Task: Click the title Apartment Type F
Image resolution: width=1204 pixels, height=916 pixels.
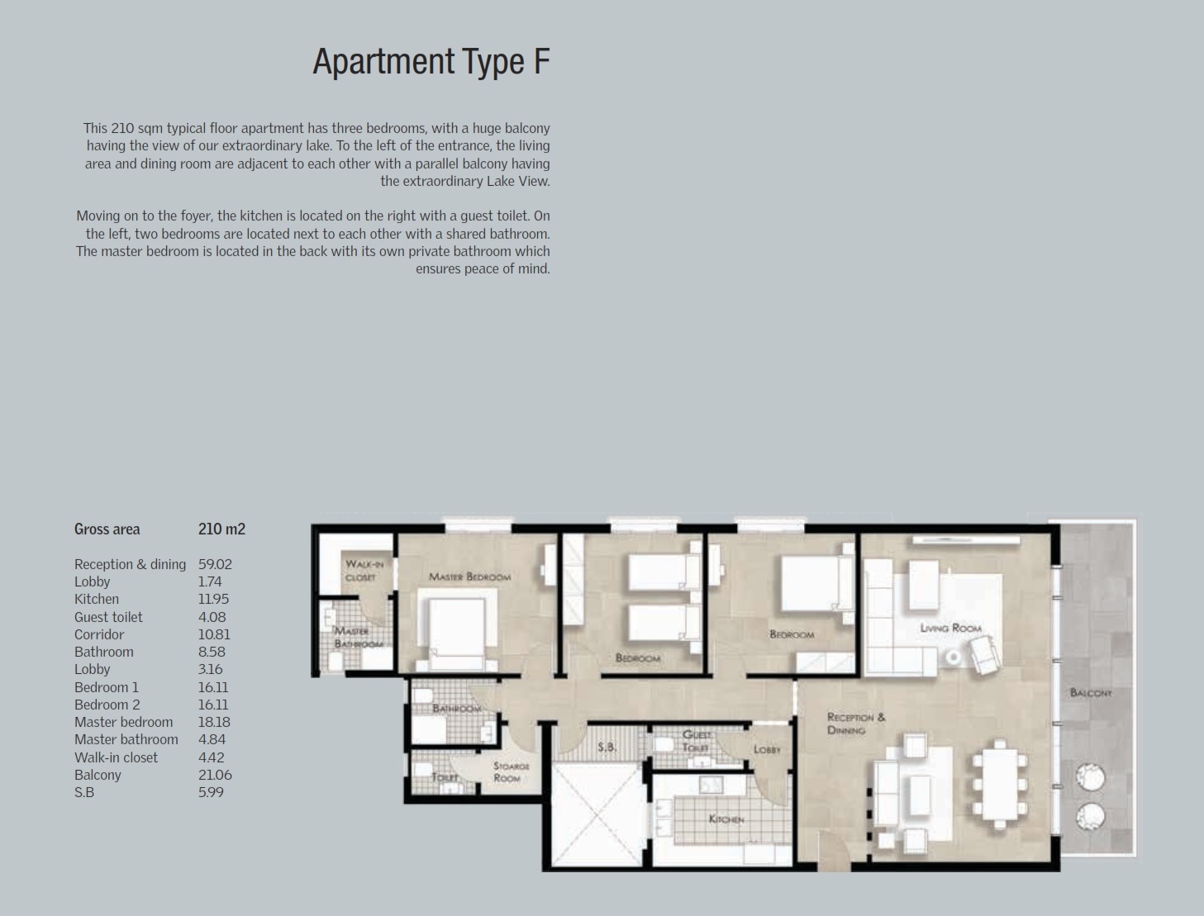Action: click(x=431, y=62)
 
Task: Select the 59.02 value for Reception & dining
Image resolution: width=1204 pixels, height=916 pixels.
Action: click(x=215, y=564)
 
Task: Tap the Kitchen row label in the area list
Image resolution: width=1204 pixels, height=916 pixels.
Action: click(x=97, y=599)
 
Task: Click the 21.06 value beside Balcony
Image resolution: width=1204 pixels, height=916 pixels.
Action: click(x=215, y=775)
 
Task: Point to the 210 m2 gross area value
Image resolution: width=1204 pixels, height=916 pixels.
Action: click(x=221, y=529)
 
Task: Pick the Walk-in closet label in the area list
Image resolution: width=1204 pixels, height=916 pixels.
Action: click(x=116, y=757)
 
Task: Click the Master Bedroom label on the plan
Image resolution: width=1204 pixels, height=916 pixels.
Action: click(x=469, y=577)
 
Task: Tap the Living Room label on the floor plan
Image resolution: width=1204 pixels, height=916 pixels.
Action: click(x=950, y=628)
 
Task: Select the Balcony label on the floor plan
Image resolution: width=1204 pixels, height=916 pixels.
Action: click(x=1091, y=692)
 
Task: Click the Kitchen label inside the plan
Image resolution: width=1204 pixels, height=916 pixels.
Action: click(x=726, y=819)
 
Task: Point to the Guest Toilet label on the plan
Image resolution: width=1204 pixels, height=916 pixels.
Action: click(x=696, y=740)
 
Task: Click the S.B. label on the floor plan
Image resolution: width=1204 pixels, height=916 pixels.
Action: click(x=607, y=747)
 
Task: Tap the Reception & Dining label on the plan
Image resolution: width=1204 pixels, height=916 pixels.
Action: click(x=855, y=723)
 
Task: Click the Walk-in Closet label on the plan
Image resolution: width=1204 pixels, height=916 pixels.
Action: click(x=364, y=570)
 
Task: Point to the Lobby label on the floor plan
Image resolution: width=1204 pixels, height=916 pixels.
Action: click(x=767, y=749)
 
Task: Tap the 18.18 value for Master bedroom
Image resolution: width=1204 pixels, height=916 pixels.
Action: click(x=214, y=722)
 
